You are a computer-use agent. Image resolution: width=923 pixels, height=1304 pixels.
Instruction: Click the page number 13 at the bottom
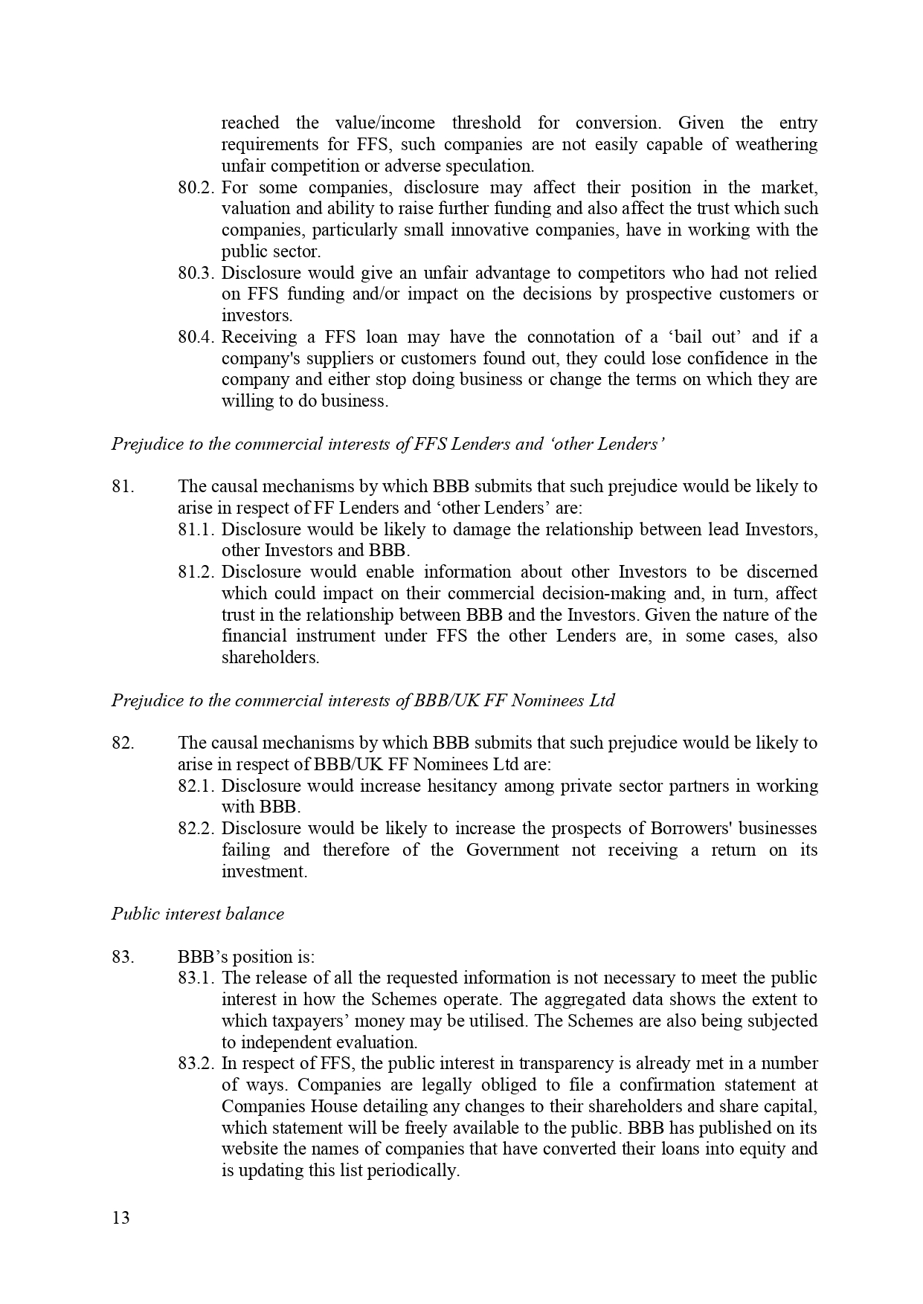[120, 1219]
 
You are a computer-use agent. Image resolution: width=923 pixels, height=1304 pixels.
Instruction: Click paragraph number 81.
[123, 487]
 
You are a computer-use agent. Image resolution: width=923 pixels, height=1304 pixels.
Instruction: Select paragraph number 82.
[123, 743]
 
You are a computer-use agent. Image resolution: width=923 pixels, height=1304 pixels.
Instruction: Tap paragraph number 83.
[123, 957]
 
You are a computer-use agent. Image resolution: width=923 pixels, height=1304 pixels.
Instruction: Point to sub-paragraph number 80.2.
[196, 187]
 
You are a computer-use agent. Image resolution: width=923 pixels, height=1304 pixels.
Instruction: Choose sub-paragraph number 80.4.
[196, 338]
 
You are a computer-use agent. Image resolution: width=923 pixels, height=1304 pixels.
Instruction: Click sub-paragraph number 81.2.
[196, 572]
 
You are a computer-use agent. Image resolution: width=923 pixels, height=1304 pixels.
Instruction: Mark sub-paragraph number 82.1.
[196, 787]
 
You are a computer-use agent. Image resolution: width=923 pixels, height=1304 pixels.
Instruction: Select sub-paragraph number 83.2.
[196, 1064]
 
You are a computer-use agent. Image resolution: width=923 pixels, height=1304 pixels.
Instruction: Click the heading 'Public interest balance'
[198, 914]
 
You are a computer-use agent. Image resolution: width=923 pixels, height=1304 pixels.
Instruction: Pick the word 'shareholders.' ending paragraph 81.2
[270, 658]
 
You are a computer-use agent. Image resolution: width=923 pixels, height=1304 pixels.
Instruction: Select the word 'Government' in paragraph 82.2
[512, 850]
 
